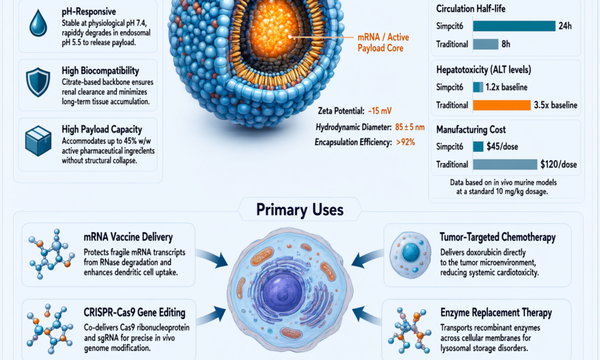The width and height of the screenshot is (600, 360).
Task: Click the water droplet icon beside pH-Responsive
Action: tap(38, 23)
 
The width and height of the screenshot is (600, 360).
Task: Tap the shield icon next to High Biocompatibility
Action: tap(38, 82)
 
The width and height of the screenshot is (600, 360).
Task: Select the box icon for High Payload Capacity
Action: tap(38, 141)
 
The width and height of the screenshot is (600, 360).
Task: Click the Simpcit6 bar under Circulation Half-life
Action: tap(514, 26)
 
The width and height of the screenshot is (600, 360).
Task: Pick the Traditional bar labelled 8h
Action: tap(485, 44)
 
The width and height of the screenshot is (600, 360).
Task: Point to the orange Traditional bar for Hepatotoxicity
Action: tap(502, 105)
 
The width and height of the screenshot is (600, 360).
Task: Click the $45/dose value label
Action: tap(502, 146)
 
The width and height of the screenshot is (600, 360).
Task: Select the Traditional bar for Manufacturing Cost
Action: tap(505, 164)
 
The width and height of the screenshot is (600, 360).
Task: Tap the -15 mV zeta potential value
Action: tap(380, 111)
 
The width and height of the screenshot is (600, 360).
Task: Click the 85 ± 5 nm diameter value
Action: tap(410, 127)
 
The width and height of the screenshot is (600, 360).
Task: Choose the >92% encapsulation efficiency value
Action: tap(406, 142)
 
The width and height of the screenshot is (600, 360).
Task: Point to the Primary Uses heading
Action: tap(299, 209)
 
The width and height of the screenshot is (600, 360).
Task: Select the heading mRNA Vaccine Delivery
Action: tap(128, 237)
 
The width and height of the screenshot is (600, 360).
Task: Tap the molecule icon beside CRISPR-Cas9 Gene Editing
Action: tap(50, 329)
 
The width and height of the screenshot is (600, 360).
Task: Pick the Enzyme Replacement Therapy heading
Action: tap(496, 313)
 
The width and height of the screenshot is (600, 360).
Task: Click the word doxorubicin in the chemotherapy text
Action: tap(483, 253)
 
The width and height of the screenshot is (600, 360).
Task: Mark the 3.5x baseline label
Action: tap(556, 105)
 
